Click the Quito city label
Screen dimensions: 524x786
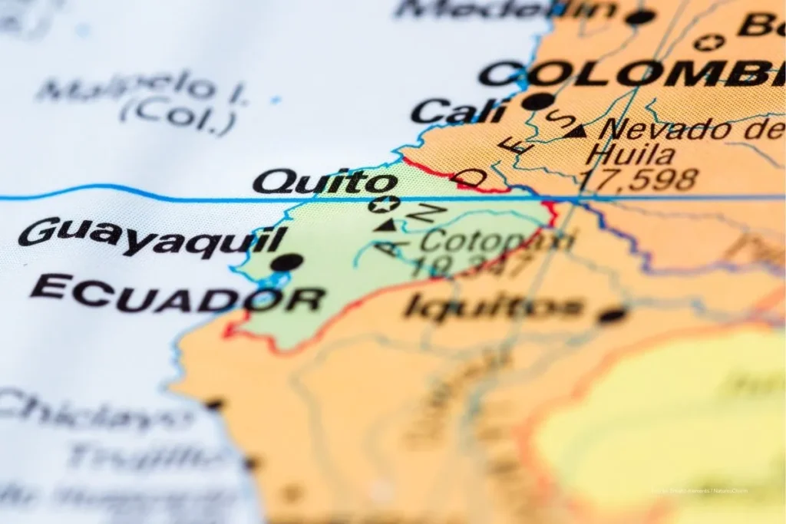(x=325, y=183)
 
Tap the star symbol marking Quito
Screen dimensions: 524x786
(x=384, y=204)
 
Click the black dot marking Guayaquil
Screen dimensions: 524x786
(x=286, y=262)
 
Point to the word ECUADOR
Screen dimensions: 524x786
(x=177, y=294)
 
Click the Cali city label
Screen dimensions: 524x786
(x=458, y=112)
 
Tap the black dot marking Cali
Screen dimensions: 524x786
(x=538, y=101)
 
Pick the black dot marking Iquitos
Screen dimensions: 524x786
(x=613, y=315)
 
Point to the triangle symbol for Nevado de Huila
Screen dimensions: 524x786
(x=576, y=131)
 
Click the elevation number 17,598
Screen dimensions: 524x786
(x=638, y=180)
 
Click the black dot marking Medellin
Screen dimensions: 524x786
(x=641, y=17)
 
